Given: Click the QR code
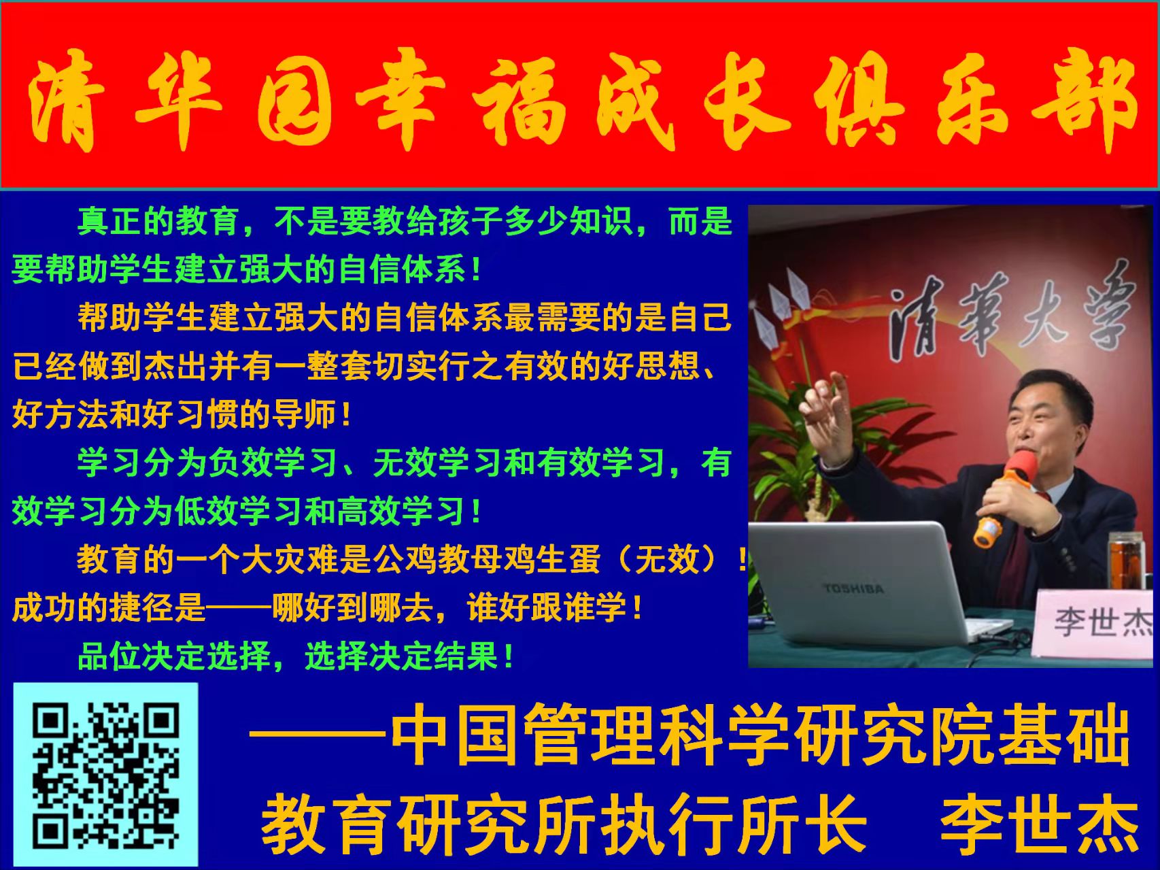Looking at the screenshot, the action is click(106, 774).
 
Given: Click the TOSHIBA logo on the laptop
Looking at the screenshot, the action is click(853, 587).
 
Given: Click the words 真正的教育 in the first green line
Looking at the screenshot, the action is click(158, 222).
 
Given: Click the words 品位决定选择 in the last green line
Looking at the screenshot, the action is click(175, 656).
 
